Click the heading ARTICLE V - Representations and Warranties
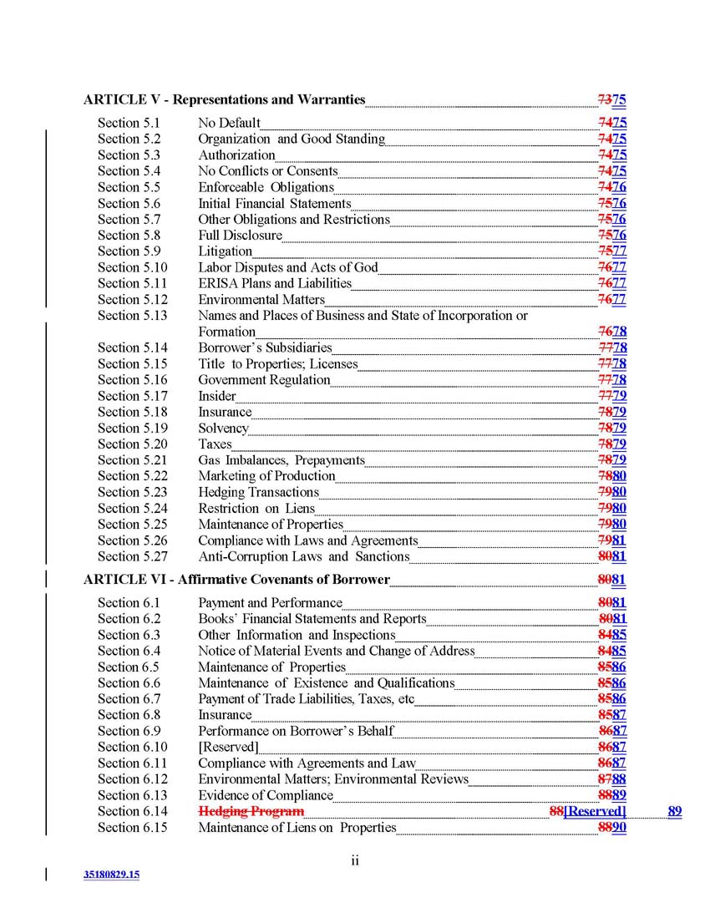(224, 99)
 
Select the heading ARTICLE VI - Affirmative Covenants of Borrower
(236, 579)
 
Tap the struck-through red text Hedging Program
(251, 811)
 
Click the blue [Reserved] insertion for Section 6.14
(595, 811)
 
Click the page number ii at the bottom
(355, 860)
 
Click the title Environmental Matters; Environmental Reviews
(333, 779)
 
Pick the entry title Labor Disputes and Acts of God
(287, 267)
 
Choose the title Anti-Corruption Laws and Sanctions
(303, 556)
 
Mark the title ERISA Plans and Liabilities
(274, 283)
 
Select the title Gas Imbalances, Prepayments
(281, 460)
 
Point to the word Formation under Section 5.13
(226, 332)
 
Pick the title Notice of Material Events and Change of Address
(336, 651)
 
